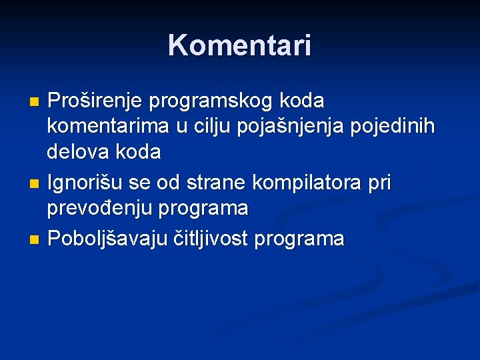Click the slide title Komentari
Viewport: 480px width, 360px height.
(239, 46)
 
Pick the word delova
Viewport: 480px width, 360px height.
(77, 152)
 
